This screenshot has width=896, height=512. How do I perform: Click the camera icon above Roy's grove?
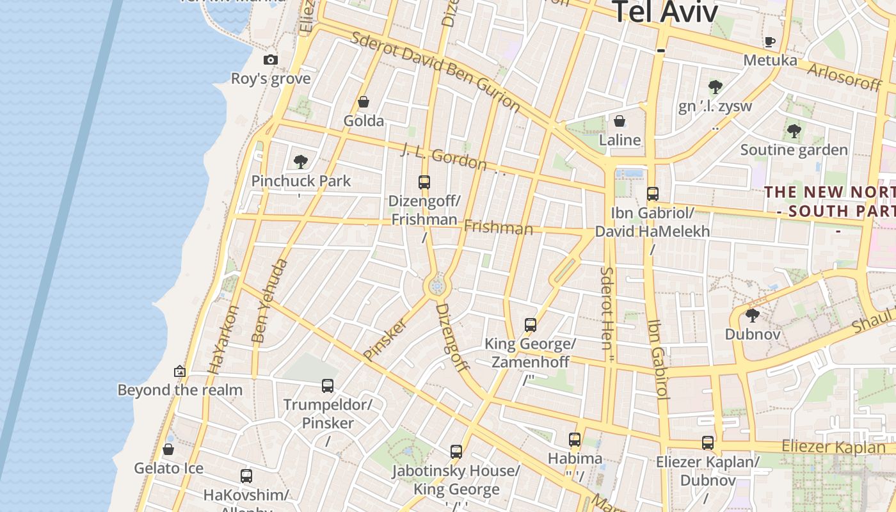point(271,60)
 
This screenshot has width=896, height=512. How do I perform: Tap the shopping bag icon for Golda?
point(364,102)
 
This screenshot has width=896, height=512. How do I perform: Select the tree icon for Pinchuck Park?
point(301,162)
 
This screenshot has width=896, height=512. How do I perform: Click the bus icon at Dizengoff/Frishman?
point(424,182)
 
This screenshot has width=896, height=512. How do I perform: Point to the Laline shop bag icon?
point(620,121)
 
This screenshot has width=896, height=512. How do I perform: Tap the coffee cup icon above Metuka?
point(770,42)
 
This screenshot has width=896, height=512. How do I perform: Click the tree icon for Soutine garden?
point(794,131)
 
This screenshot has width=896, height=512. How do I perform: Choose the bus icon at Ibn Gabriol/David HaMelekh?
point(653,194)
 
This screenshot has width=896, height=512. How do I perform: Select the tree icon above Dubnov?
point(753,315)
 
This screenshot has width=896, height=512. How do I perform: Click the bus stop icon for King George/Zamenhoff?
point(530,325)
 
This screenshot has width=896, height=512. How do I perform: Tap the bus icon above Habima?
point(575,440)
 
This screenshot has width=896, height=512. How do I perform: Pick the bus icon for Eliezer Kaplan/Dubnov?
point(708,443)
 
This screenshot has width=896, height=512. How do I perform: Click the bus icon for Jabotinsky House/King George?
point(456,452)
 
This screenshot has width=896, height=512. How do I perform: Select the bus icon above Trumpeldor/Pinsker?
point(328,386)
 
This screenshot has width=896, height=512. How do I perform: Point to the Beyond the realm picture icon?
point(180,371)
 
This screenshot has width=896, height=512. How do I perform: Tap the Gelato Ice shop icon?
point(168,449)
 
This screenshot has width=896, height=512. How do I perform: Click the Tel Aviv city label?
point(666,13)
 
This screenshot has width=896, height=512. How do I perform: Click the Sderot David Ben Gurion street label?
point(435,71)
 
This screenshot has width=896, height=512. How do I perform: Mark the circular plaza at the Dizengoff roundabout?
point(438,287)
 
